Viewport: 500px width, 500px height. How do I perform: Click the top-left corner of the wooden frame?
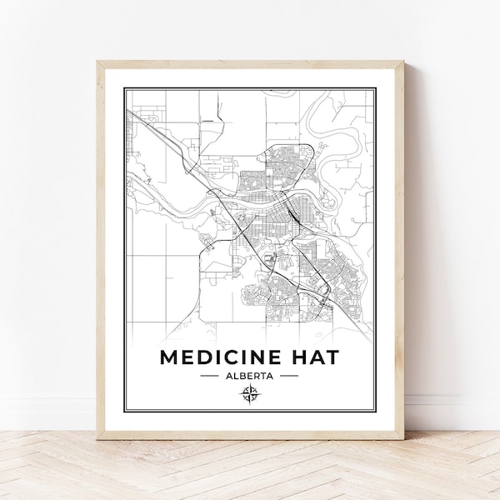click(x=99, y=57)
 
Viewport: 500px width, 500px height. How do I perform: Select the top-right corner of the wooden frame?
click(x=402, y=57)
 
